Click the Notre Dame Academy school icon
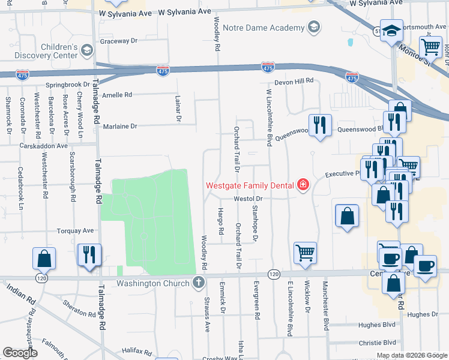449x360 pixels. click(313, 28)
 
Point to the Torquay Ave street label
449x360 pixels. click(75, 230)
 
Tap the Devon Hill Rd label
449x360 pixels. click(294, 81)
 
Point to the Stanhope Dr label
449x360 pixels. click(255, 223)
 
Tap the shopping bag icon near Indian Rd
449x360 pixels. click(44, 259)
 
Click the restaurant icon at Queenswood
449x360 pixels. click(320, 125)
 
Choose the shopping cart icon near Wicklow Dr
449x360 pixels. click(306, 253)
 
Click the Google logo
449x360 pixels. click(20, 353)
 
